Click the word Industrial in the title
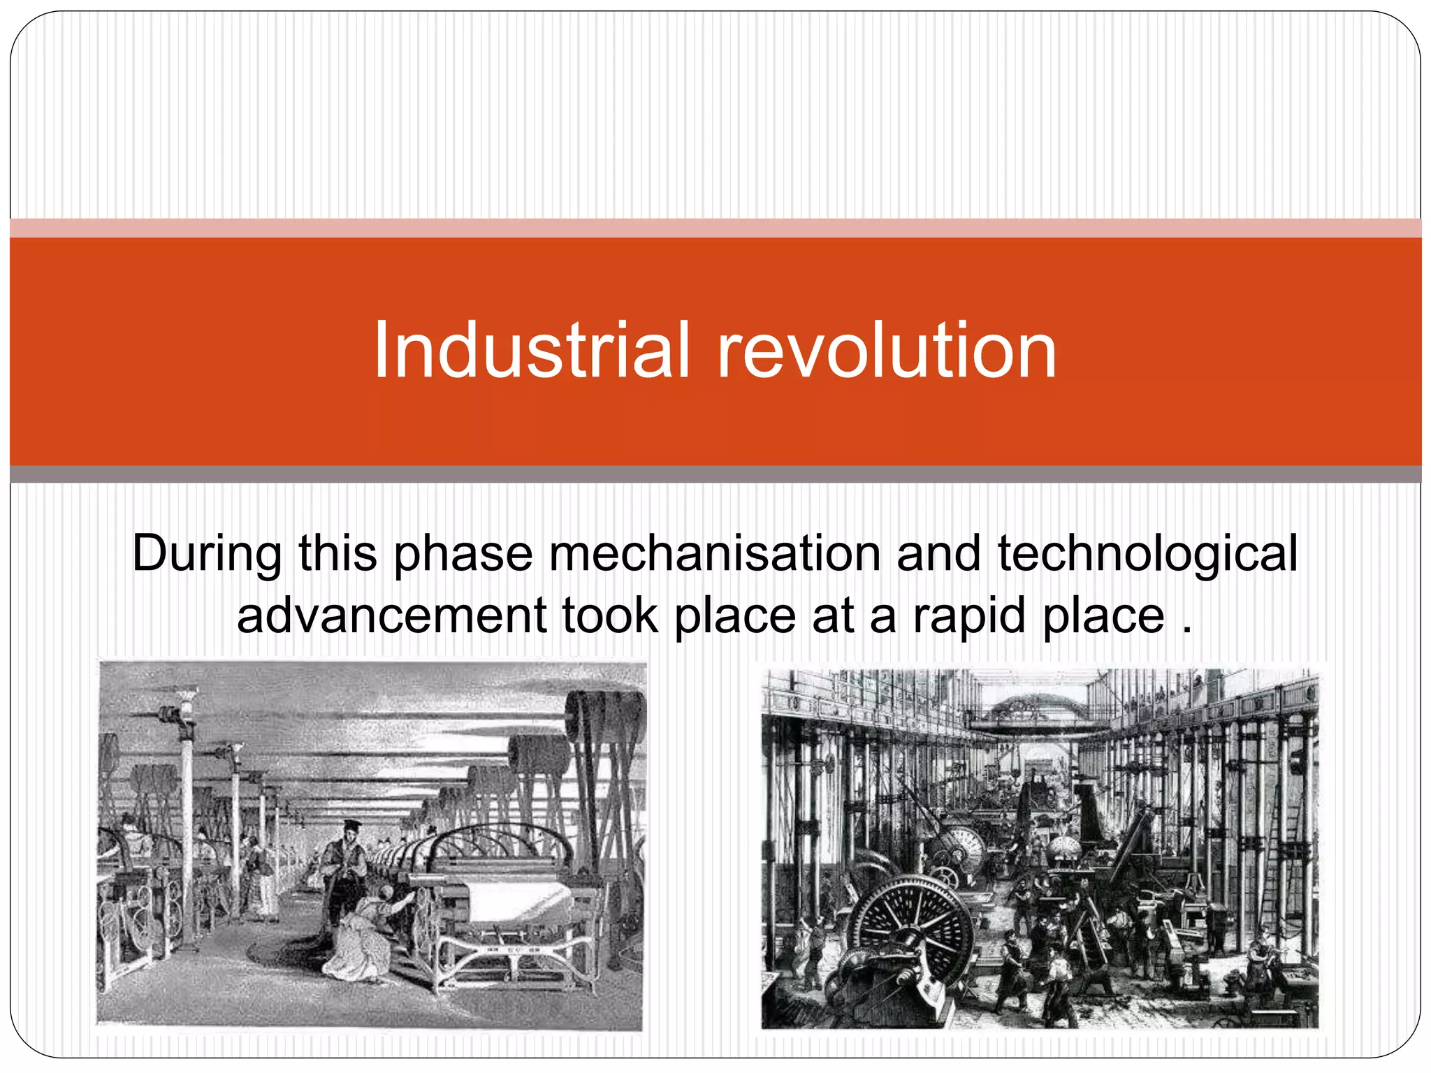pyautogui.click(x=531, y=351)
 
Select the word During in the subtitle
pyautogui.click(x=207, y=554)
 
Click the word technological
pyautogui.click(x=1147, y=554)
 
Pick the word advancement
pyautogui.click(x=391, y=616)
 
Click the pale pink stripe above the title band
pyautogui.click(x=715, y=228)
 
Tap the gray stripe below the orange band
pyautogui.click(x=715, y=474)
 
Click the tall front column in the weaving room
pyautogui.click(x=187, y=824)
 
